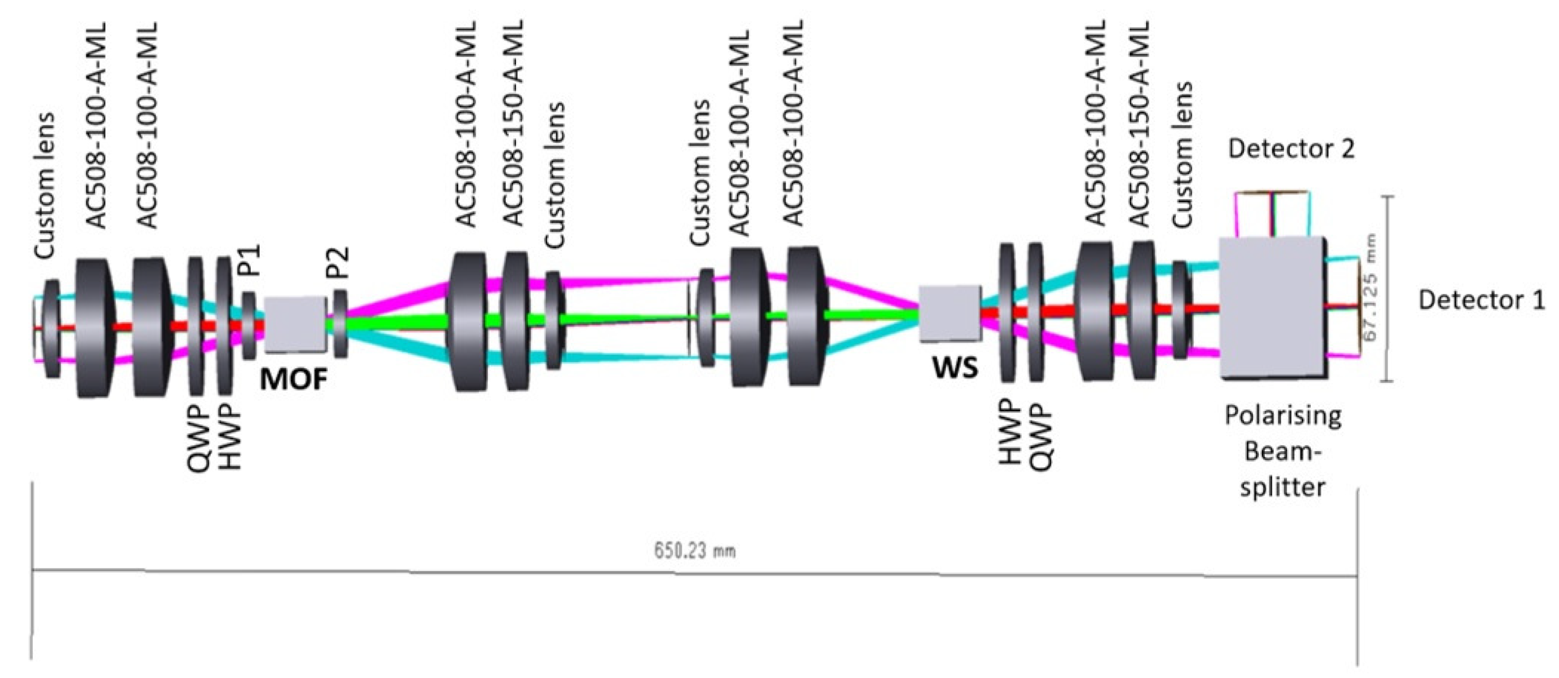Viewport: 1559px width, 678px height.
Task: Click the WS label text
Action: (955, 368)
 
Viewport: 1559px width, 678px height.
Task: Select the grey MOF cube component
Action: (295, 324)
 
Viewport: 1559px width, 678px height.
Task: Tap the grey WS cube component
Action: (949, 313)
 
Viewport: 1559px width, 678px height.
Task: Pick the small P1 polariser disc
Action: (249, 325)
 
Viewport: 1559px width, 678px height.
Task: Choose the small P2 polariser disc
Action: (340, 324)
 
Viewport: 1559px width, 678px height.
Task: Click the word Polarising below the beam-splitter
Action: (1283, 416)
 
